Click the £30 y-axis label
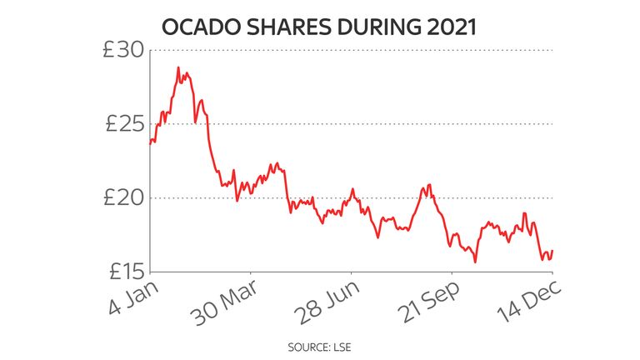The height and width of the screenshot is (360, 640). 122,51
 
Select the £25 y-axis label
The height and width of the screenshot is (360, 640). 122,125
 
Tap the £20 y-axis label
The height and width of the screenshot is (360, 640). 122,198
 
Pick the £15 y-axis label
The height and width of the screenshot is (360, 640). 122,272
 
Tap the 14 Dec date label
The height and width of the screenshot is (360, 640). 525,302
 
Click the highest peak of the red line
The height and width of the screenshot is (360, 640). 178,67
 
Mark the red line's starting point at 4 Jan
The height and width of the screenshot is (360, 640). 150,143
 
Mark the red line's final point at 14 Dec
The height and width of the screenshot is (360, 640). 552,250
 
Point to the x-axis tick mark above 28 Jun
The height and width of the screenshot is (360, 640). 352,275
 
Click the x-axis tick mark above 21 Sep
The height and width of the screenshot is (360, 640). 452,275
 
